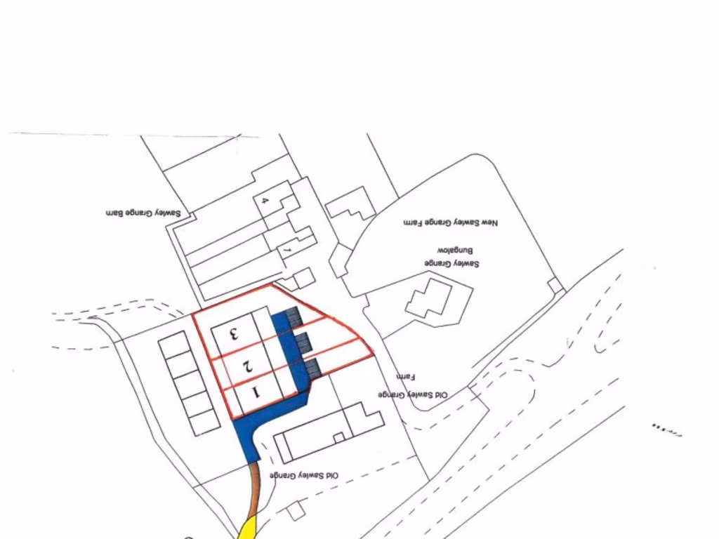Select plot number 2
(246, 365)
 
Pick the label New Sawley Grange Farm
(450, 222)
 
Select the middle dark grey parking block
(303, 342)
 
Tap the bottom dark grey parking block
(313, 367)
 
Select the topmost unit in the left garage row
(172, 344)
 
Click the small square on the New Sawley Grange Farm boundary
(556, 285)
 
